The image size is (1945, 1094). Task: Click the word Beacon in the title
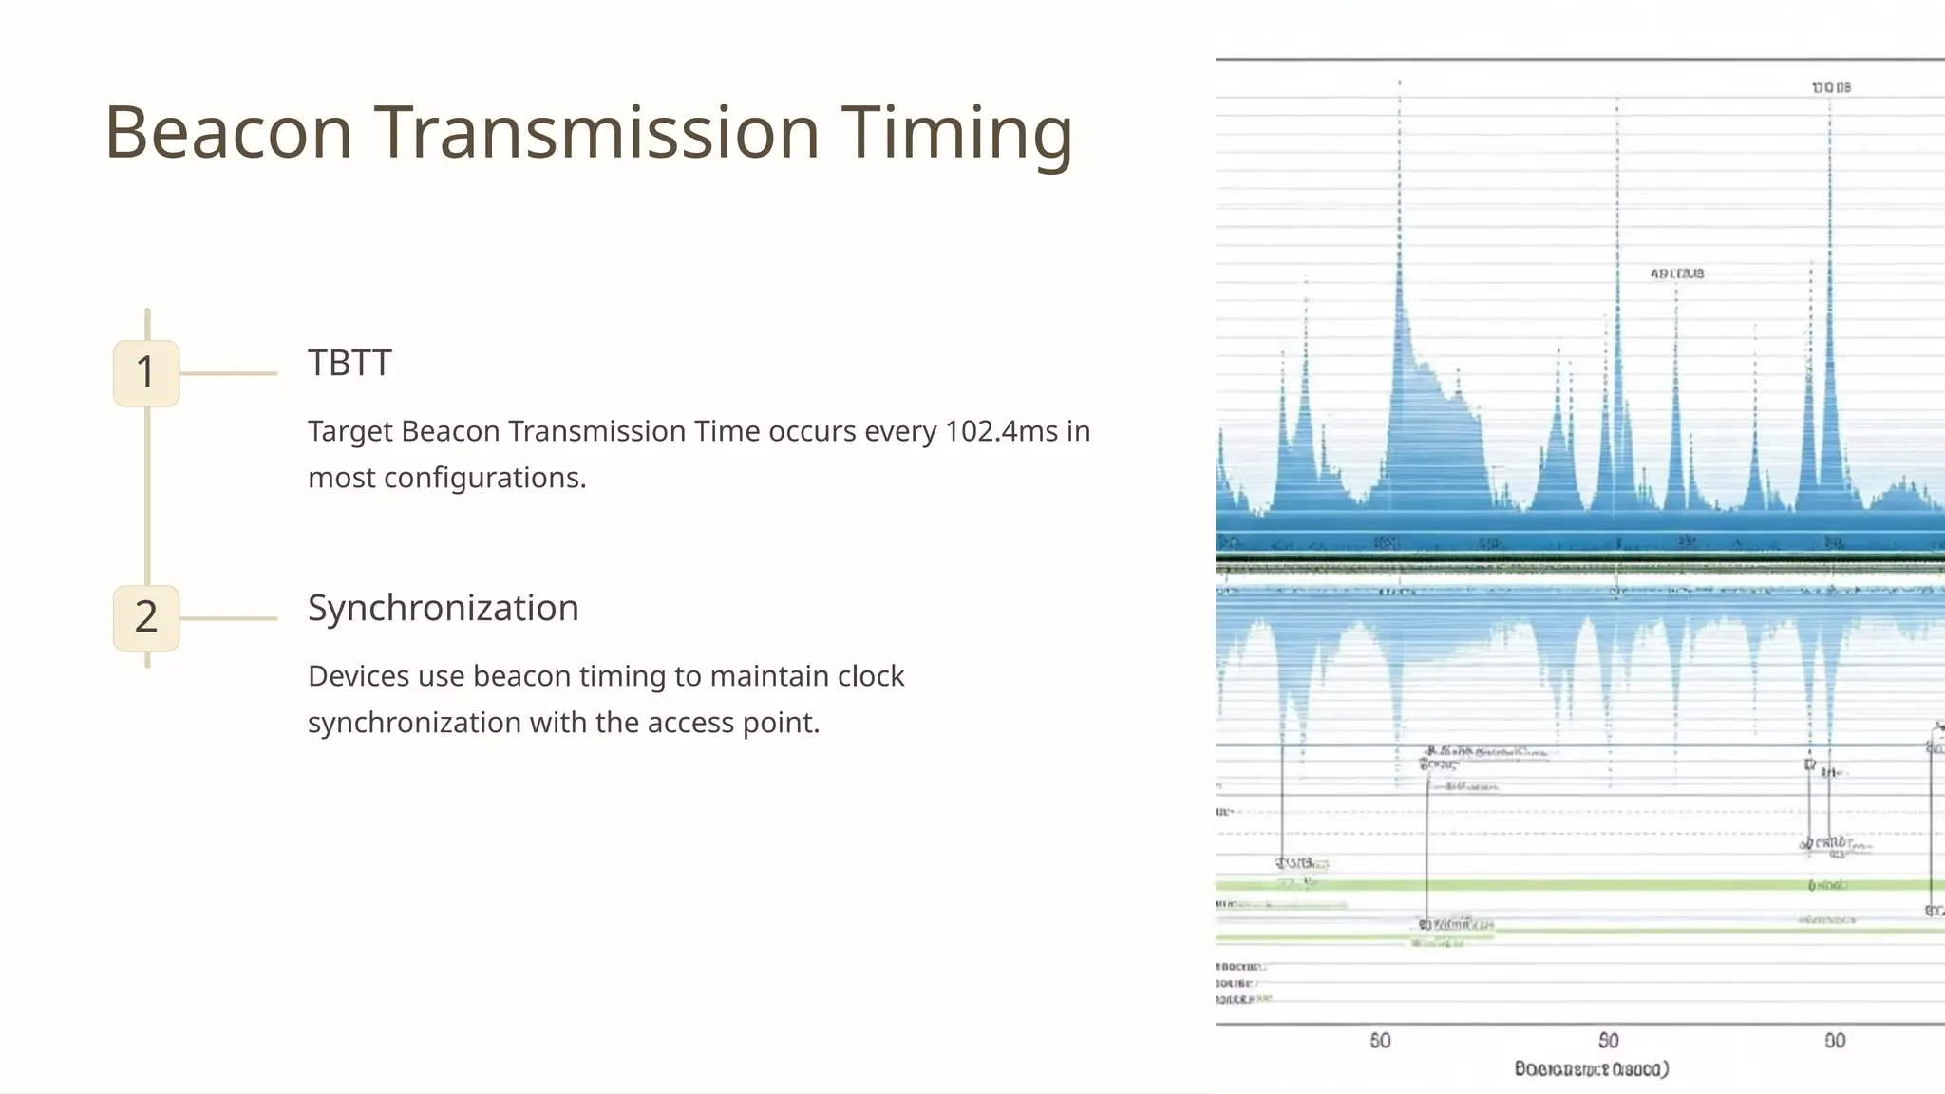[x=228, y=133]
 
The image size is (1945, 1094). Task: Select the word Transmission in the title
[x=596, y=133]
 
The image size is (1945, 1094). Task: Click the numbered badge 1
[x=146, y=373]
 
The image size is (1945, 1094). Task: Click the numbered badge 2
[x=146, y=618]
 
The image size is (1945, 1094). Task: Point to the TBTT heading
[x=349, y=363]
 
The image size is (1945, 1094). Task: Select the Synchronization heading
[x=443, y=608]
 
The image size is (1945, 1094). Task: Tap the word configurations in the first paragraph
[x=483, y=478]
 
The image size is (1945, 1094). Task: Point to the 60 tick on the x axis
[x=1380, y=1041]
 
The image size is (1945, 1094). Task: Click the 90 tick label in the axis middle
[x=1608, y=1041]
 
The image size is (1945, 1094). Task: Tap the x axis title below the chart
[x=1591, y=1069]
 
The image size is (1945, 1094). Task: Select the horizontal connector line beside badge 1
[x=228, y=373]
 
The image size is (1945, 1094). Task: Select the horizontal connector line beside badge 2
[x=228, y=618]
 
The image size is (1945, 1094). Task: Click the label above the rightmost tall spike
[x=1830, y=87]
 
